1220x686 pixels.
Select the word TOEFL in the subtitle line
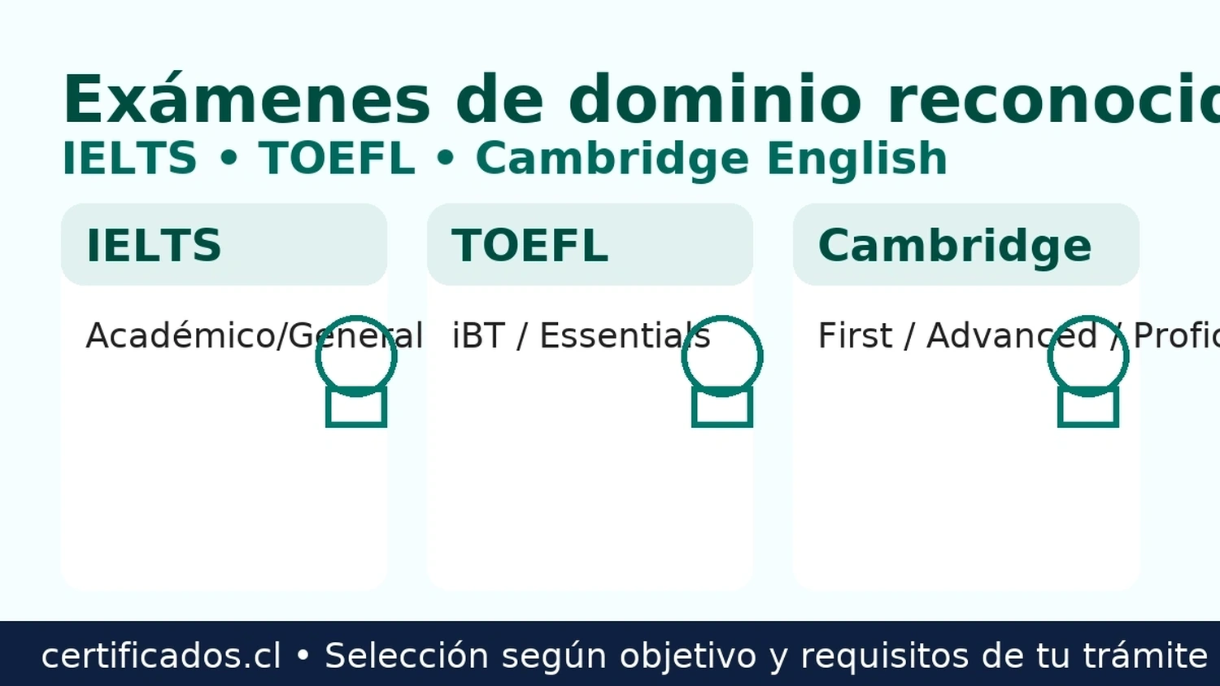[337, 158]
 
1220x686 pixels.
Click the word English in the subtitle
[857, 159]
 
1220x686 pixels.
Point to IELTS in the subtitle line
[130, 158]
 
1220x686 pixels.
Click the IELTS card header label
[154, 245]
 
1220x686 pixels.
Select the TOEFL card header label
[529, 245]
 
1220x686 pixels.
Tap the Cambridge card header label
[954, 245]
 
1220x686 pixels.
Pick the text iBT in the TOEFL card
[478, 336]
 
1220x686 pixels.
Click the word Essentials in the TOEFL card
[625, 336]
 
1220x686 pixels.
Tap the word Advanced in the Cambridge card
[1012, 336]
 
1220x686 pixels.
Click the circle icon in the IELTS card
[356, 356]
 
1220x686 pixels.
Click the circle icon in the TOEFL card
[722, 356]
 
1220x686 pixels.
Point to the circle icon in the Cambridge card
[1088, 356]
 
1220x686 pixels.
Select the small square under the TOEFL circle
[722, 409]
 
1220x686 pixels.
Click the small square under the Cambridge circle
[1088, 409]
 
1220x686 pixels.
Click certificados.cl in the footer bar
[161, 656]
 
